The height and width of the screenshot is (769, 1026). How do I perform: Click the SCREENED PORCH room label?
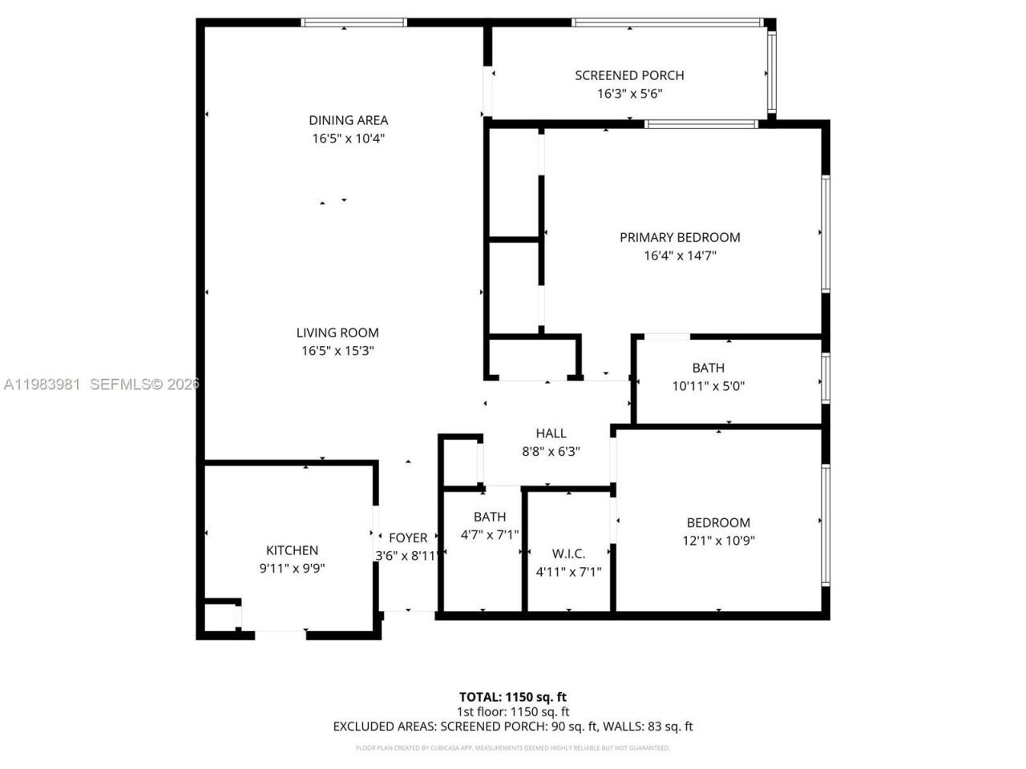[x=629, y=75]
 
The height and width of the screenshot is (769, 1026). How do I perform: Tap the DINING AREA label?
[x=348, y=120]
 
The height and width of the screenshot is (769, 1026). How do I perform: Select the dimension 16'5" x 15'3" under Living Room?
[x=337, y=351]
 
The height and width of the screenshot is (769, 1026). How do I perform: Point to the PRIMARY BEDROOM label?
[x=680, y=237]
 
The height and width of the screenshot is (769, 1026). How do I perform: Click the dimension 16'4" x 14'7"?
[x=680, y=256]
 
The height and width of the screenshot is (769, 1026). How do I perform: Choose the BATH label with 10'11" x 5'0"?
[x=708, y=368]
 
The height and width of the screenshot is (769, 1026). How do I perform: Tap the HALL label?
[x=551, y=433]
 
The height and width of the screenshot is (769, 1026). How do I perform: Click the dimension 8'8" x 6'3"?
[x=551, y=452]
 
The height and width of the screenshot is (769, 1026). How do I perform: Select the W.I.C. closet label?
[x=568, y=554]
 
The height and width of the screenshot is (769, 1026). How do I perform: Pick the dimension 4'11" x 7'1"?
[x=568, y=572]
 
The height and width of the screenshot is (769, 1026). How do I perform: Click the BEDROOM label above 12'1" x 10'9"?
[x=718, y=522]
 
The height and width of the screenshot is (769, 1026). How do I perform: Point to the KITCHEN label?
[x=292, y=550]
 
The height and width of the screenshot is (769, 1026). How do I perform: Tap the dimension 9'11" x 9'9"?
[x=292, y=569]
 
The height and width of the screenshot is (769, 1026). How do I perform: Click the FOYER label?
[x=408, y=537]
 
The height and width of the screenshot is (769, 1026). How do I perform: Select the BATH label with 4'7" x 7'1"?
[x=489, y=517]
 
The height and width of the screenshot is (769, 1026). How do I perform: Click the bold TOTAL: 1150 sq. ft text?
[x=512, y=697]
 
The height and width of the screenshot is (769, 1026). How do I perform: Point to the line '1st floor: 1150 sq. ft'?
[x=512, y=711]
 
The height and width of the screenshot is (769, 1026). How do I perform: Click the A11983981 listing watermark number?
[x=42, y=384]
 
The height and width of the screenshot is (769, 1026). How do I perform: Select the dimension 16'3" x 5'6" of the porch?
[x=629, y=94]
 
